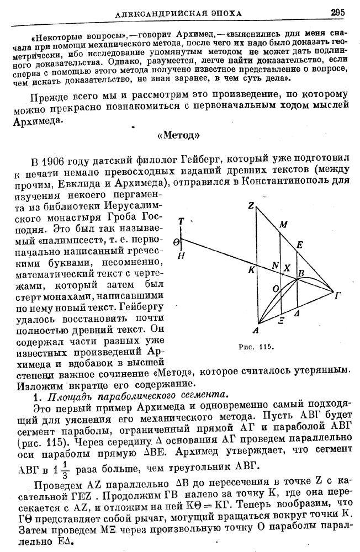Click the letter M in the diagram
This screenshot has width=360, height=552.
pos(283,225)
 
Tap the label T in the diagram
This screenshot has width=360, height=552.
pos(181,222)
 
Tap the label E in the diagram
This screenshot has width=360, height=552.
pos(299,245)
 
